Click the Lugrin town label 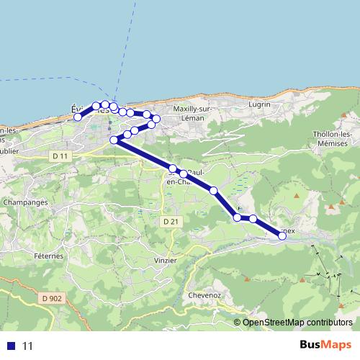[x=258, y=104]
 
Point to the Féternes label [x=48, y=256]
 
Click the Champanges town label [x=25, y=203]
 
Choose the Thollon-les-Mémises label [x=332, y=139]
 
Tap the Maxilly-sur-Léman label [x=189, y=113]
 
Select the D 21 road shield [x=170, y=221]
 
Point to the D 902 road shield [x=51, y=297]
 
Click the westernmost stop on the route [x=78, y=117]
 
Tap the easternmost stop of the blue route [x=282, y=233]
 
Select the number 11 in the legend [x=28, y=346]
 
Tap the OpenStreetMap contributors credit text [x=297, y=323]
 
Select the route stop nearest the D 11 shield [x=114, y=140]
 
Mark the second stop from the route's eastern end [x=253, y=219]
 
